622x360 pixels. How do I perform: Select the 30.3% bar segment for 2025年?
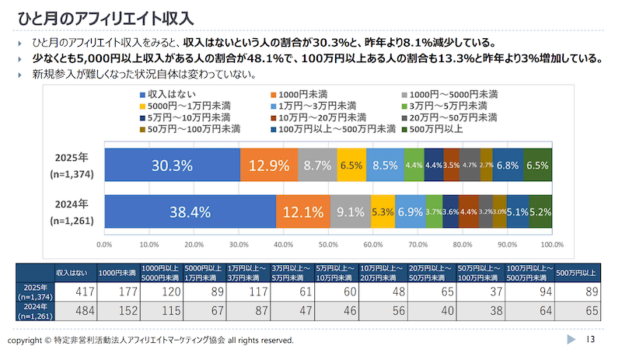tap(172, 165)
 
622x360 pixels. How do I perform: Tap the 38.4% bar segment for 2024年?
tap(190, 211)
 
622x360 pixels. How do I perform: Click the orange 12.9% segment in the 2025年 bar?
tap(269, 165)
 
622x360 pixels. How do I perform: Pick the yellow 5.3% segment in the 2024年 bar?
tap(383, 211)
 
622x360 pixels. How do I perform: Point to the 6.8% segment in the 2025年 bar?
tap(508, 165)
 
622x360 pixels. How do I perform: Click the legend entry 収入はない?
tap(155, 94)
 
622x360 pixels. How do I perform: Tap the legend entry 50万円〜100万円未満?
tap(185, 129)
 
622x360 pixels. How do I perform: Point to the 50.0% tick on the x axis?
tap(328, 243)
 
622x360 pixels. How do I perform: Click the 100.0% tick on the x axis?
tap(551, 243)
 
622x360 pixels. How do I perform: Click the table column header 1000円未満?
tap(117, 273)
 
